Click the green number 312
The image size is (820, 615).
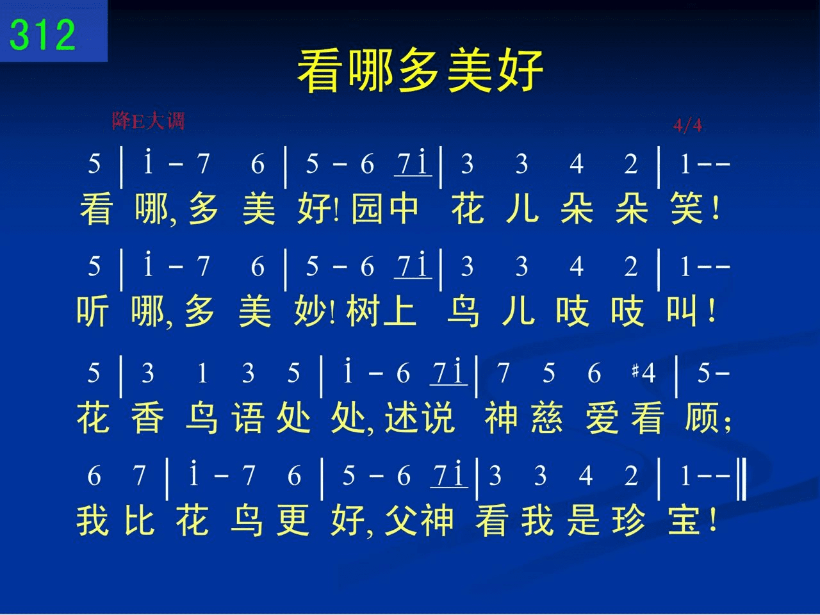[42, 35]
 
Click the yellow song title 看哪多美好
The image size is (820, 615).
[420, 70]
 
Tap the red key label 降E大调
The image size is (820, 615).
[149, 120]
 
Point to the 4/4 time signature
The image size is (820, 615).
[687, 125]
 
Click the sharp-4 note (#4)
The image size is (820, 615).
[643, 373]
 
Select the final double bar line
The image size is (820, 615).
[742, 479]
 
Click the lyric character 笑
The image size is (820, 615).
[687, 208]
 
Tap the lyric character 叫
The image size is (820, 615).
[682, 311]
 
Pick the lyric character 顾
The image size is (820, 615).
[701, 417]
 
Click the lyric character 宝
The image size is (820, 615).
[684, 521]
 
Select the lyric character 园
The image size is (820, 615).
[367, 208]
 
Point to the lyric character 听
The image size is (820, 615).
[93, 311]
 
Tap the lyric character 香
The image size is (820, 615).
[147, 417]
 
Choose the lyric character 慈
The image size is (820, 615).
[547, 417]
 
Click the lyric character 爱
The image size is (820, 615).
[602, 417]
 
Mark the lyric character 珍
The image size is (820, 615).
[628, 521]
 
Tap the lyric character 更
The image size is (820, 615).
[293, 521]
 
